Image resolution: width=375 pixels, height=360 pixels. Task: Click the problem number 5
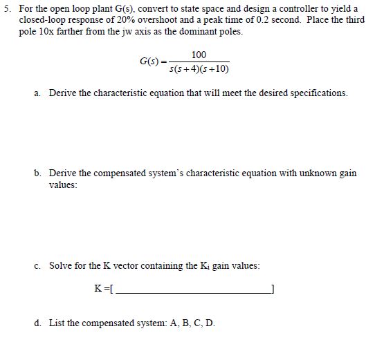tap(6, 8)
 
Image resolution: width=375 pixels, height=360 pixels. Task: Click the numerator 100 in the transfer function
tap(199, 55)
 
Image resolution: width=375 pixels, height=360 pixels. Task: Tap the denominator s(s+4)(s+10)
tap(199, 69)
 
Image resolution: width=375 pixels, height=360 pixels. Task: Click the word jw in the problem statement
tap(131, 32)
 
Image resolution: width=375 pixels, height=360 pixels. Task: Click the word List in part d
tap(57, 323)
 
